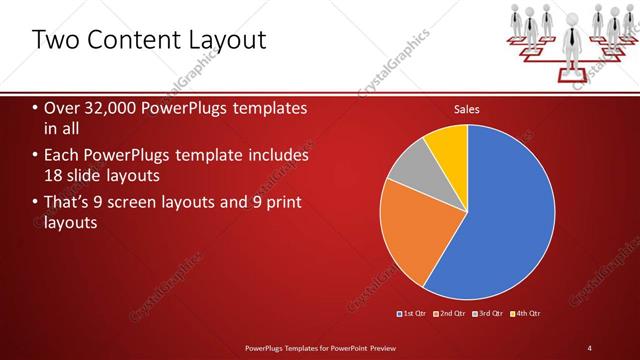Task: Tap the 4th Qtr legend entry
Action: coord(527,314)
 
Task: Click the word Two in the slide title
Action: coord(54,40)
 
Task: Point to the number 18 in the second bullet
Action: coord(54,175)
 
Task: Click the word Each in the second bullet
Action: coord(62,156)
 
